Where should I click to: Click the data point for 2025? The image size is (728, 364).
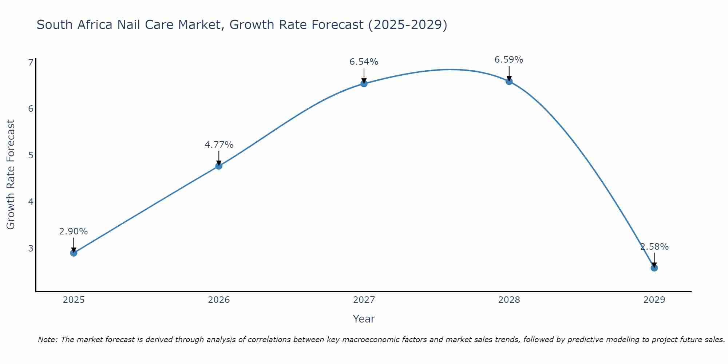coord(74,253)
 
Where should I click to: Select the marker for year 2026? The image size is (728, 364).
coord(219,166)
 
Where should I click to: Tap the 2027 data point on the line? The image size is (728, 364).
coord(364,84)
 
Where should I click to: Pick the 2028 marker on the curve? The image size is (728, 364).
coord(509,82)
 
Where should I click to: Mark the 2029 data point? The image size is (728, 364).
coord(654,268)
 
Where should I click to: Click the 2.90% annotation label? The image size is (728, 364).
coord(74,232)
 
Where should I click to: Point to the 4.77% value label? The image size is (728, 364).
coord(219,145)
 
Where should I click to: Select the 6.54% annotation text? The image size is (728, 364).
coord(364,62)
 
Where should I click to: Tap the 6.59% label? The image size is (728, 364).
coord(509,60)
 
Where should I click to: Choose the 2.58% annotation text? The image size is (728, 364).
coord(654,247)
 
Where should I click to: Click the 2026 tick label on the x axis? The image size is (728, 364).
coord(219,300)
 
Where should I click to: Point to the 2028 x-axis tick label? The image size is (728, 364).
coord(509,300)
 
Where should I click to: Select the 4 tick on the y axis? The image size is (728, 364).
coord(31,202)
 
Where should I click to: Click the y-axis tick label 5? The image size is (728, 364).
coord(31,155)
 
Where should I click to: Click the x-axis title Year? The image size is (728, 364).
coord(364,319)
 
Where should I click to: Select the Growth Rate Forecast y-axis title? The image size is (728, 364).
coord(11,175)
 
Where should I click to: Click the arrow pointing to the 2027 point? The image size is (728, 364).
coord(364,76)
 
